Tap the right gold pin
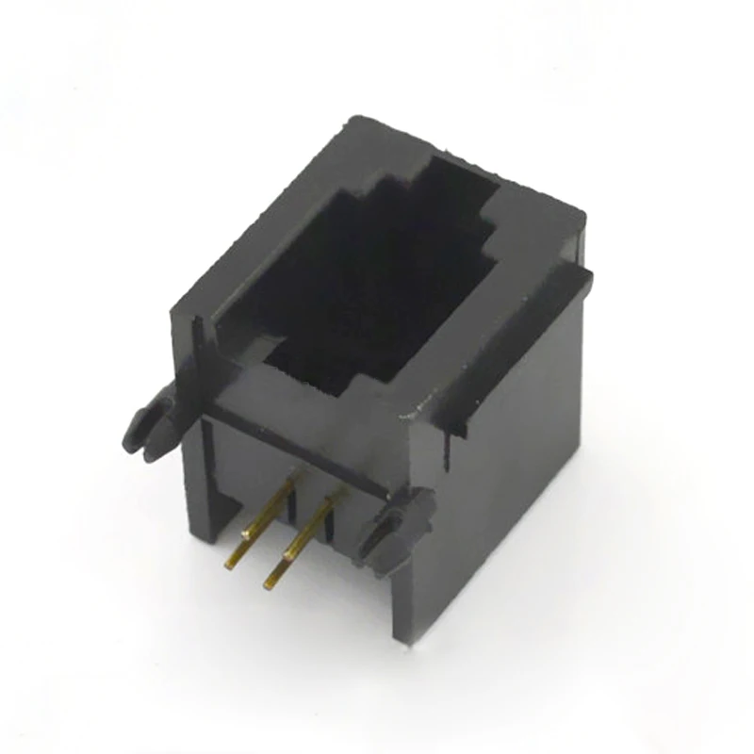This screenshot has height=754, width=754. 300,540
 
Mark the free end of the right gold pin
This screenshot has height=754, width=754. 270,583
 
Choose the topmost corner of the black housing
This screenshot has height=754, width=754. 353,118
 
